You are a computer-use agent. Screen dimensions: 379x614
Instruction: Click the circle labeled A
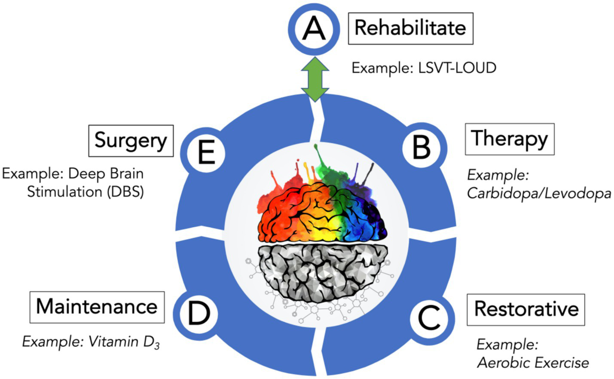coord(314,29)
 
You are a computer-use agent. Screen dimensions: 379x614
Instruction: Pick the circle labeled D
coord(199,313)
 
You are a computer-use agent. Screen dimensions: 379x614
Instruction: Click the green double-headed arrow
coord(315,79)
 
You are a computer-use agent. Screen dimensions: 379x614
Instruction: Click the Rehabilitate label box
coord(410,28)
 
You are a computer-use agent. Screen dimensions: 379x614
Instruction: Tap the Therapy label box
coord(510,139)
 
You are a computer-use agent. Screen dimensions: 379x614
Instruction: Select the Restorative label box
coord(525,310)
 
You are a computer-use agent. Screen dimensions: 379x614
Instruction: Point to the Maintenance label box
coord(97,307)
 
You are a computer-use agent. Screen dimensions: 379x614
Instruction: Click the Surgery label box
coord(131,141)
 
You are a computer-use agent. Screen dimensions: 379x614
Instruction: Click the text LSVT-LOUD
coord(457,68)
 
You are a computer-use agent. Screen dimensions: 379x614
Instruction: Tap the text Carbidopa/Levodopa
coord(539,194)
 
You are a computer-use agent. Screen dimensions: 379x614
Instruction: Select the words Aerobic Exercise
coord(533,363)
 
